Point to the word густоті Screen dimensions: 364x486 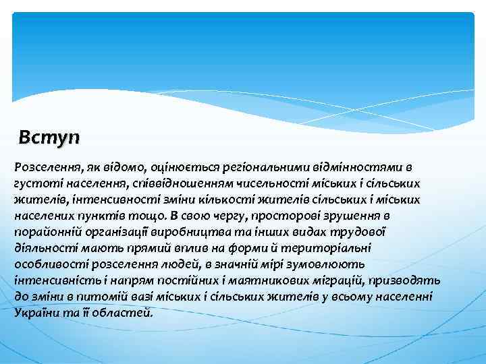click(x=32, y=183)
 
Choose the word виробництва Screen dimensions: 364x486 click(x=158, y=232)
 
